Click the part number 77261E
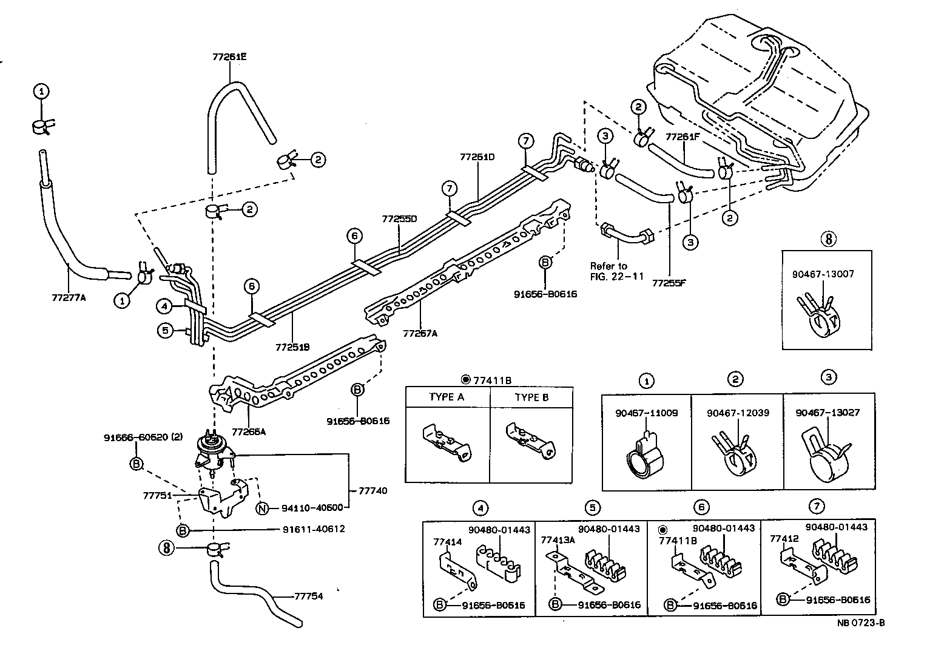[229, 57]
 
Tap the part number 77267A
[420, 333]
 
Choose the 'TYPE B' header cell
[531, 397]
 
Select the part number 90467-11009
[646, 413]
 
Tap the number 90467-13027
[828, 413]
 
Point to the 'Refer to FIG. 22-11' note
[610, 271]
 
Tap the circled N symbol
[261, 509]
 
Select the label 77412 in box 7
[783, 538]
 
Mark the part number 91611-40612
[314, 529]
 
